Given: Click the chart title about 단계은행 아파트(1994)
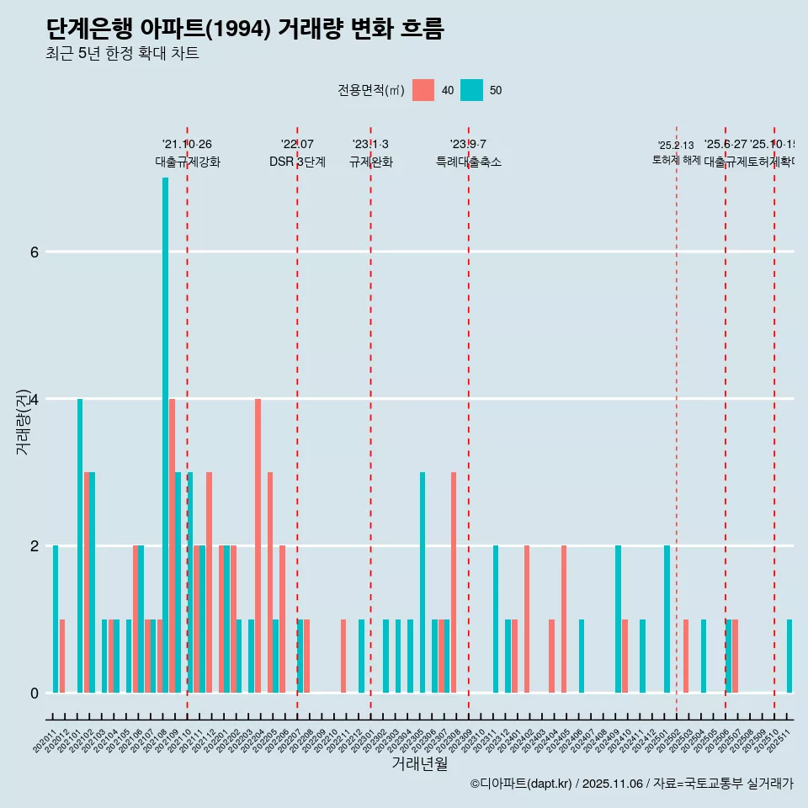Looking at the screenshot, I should (x=244, y=29).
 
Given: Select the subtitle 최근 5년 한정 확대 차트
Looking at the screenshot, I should (x=122, y=55).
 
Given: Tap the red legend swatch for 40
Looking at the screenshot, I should (x=423, y=90).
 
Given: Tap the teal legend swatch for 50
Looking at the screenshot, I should (x=472, y=90).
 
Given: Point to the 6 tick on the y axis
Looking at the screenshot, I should (x=34, y=252).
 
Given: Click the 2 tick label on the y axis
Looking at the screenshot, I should (x=34, y=545).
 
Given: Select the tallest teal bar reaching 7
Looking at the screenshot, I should (x=165, y=434).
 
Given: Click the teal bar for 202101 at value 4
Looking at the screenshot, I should (x=80, y=545).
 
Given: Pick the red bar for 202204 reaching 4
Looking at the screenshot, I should (x=258, y=545).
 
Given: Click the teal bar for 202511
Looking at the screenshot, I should (x=789, y=656).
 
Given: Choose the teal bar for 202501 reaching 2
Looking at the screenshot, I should (x=667, y=619).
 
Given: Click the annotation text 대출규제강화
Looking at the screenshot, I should (x=188, y=162).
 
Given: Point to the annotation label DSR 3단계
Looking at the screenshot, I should (x=297, y=162).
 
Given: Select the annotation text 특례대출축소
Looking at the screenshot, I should (x=469, y=162).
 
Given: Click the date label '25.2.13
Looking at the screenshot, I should (x=676, y=146).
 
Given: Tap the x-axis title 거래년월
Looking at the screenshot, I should (x=419, y=763).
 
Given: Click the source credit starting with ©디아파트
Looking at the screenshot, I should (x=631, y=784).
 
